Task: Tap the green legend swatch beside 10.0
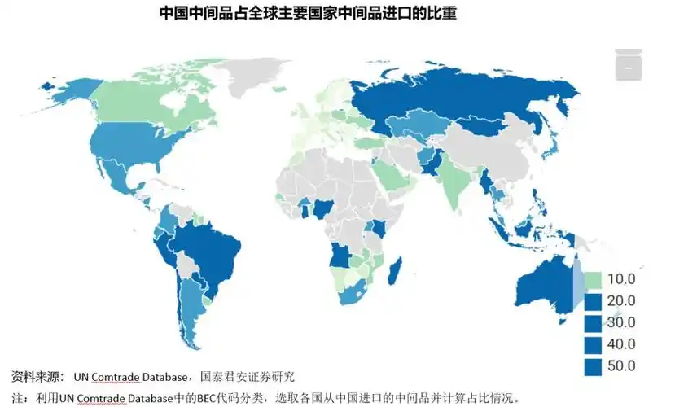594,280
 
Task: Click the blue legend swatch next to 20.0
594,301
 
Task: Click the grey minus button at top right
628,69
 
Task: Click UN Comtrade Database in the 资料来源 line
129,378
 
